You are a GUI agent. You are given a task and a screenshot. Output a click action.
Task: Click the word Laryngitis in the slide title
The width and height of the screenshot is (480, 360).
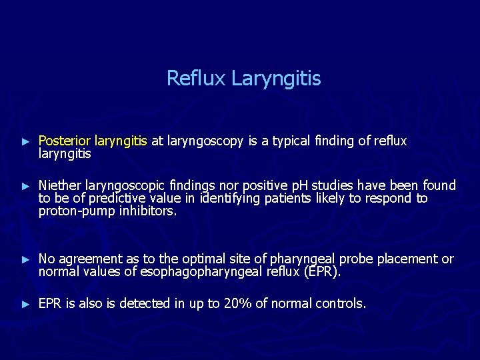[276, 79]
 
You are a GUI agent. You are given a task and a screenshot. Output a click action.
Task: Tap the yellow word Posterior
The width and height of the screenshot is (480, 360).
[65, 141]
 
